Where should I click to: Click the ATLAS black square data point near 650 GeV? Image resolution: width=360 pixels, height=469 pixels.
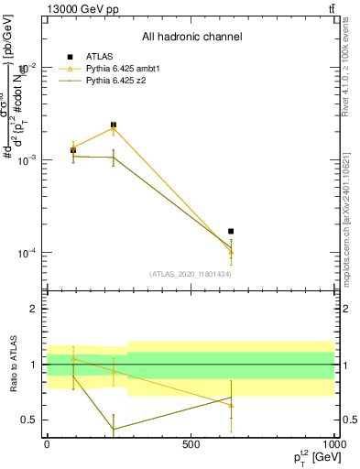pos(231,232)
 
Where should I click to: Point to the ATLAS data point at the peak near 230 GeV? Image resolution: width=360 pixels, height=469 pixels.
pos(114,125)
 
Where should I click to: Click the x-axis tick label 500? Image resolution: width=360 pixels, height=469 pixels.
pos(190,443)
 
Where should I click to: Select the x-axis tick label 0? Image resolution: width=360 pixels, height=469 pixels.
pos(47,443)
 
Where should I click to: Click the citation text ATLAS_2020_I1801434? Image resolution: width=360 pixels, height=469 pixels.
pos(191,274)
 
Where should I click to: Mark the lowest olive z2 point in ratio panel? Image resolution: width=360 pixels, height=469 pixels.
pos(114,429)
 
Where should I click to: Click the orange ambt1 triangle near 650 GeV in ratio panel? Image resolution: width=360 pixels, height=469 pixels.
pos(231,405)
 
